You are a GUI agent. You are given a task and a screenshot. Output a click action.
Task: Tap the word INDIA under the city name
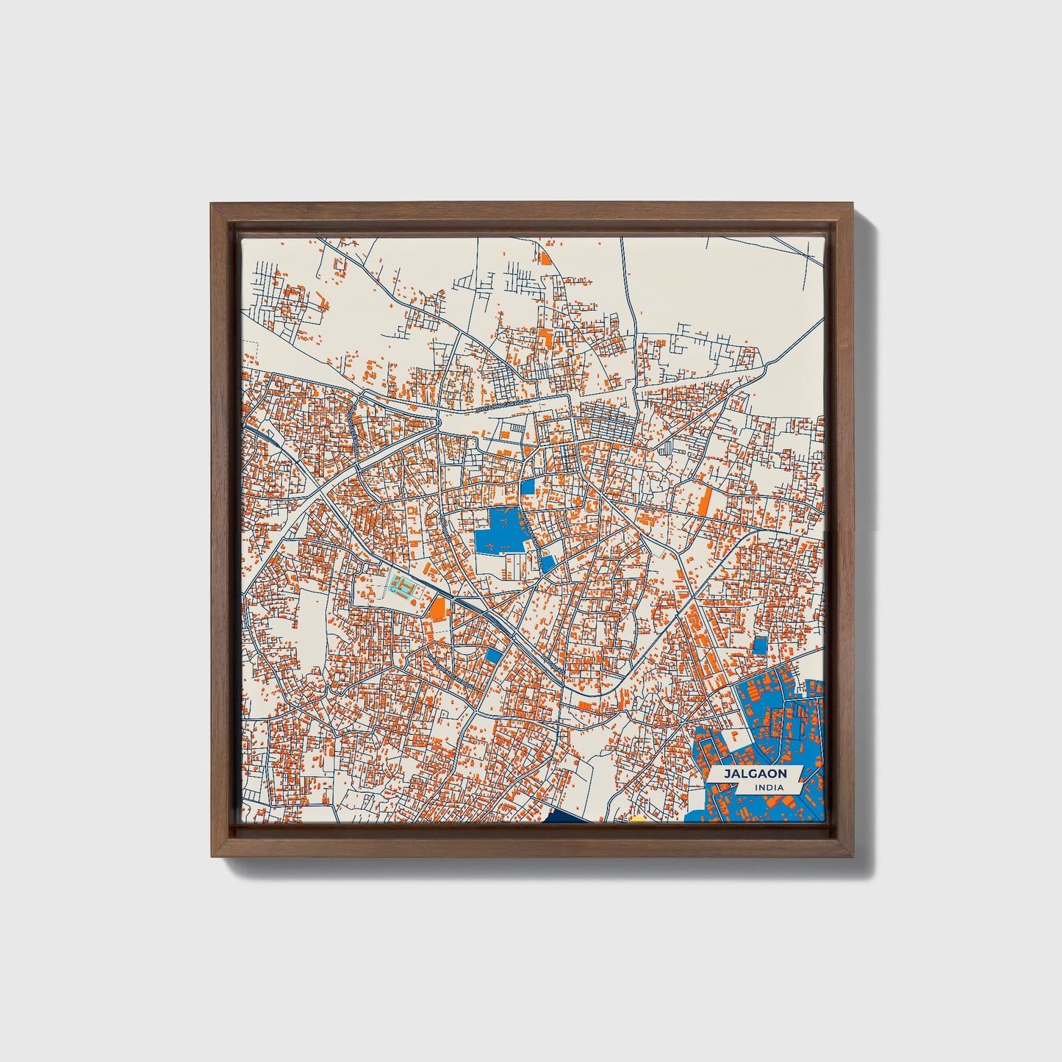point(768,788)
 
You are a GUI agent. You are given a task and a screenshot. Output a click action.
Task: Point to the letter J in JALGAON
point(726,774)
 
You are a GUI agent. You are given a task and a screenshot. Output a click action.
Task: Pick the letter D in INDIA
point(769,788)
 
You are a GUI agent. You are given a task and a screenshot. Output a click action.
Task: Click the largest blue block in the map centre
point(496,533)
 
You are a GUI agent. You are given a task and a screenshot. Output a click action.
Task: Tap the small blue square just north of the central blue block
point(528,487)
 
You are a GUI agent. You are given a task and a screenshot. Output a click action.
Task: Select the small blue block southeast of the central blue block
point(548,564)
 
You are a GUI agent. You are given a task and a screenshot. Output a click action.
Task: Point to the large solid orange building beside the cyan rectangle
point(438,609)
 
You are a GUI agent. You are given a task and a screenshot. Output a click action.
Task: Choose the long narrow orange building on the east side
point(704,502)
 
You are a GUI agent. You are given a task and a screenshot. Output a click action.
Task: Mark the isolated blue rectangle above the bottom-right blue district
point(760,645)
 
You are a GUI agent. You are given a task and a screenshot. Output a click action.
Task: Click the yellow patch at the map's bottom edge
point(639,819)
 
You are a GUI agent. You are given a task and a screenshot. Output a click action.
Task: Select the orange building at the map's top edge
point(545,257)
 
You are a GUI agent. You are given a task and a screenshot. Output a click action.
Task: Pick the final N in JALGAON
point(783,774)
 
